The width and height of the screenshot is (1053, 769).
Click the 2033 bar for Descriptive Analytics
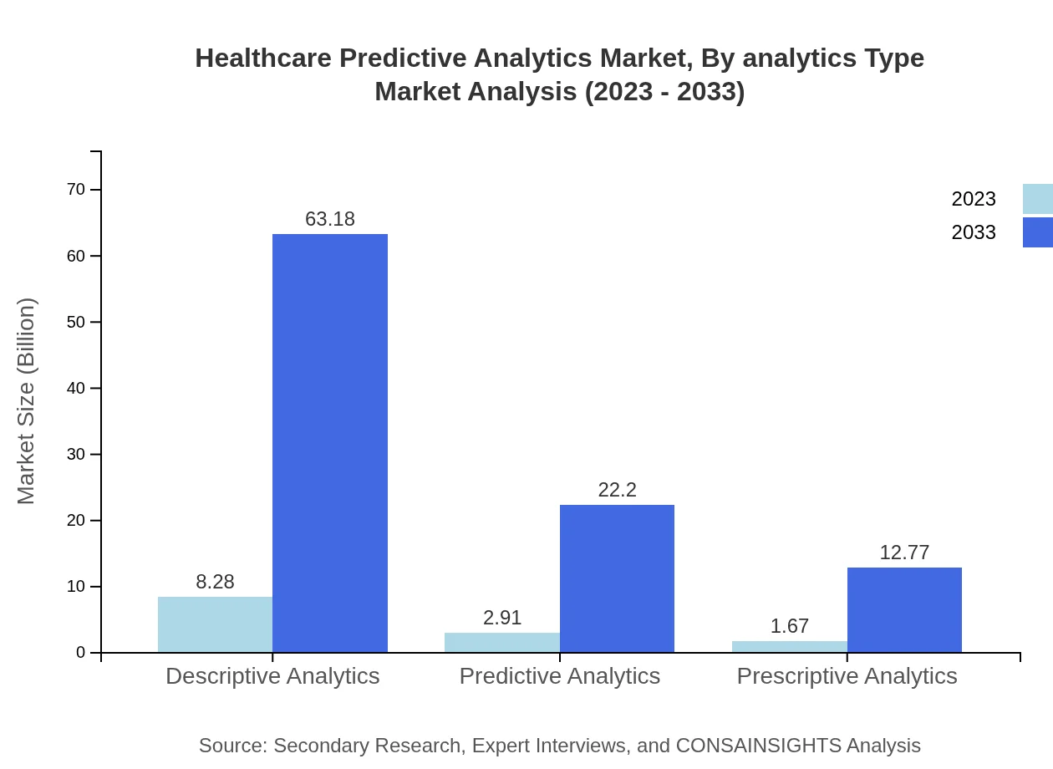pyautogui.click(x=330, y=443)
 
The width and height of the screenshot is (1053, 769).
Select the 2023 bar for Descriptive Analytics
pyautogui.click(x=215, y=624)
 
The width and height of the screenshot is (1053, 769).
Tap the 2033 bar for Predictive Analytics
pyautogui.click(x=617, y=578)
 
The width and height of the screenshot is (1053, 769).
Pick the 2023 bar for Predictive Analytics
pyautogui.click(x=501, y=642)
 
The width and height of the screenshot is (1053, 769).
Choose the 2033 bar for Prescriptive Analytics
pyautogui.click(x=904, y=610)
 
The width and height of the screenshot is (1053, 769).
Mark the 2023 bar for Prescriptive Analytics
pyautogui.click(x=789, y=646)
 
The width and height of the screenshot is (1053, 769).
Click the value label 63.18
pyautogui.click(x=330, y=219)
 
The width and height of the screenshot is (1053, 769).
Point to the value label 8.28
pyautogui.click(x=215, y=582)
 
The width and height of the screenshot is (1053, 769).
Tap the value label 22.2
pyautogui.click(x=617, y=490)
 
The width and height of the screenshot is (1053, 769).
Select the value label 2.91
pyautogui.click(x=501, y=618)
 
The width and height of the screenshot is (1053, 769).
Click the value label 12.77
pyautogui.click(x=904, y=553)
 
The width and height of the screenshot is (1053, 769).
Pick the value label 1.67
pyautogui.click(x=789, y=626)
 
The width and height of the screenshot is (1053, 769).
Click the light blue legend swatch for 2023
pyautogui.click(x=1037, y=199)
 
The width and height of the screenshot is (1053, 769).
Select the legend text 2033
pyautogui.click(x=974, y=232)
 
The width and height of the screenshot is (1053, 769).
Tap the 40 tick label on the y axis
pyautogui.click(x=76, y=388)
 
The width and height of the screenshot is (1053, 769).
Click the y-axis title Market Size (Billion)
pyautogui.click(x=26, y=401)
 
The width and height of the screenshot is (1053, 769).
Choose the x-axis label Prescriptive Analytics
pyautogui.click(x=847, y=675)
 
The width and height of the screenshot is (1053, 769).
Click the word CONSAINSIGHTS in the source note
pyautogui.click(x=758, y=746)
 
